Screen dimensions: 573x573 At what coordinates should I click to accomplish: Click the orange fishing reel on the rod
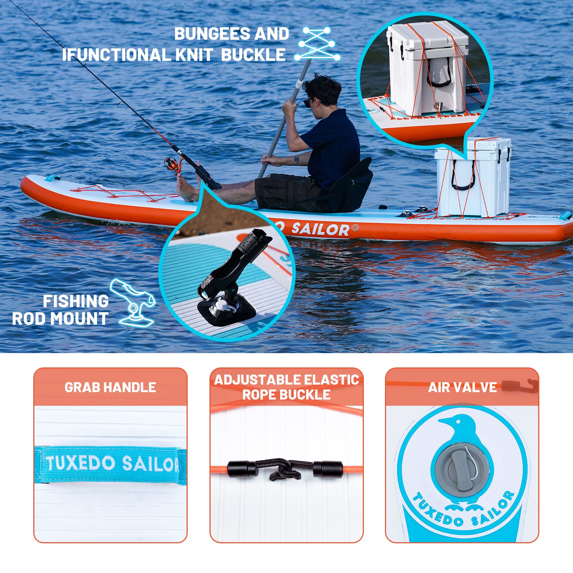click(173, 165)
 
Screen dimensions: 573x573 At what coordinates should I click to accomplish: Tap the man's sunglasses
click(308, 102)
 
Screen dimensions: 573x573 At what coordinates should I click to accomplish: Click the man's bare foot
click(186, 188)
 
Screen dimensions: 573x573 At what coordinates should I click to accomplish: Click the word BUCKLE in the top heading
click(253, 55)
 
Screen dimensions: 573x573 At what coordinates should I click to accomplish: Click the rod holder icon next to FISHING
click(133, 303)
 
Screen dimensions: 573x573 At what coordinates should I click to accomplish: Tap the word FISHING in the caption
click(76, 301)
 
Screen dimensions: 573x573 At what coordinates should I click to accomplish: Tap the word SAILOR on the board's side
click(320, 229)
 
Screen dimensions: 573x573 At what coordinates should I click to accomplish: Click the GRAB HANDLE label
click(110, 387)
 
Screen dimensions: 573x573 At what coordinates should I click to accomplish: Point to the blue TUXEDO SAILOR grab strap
click(111, 464)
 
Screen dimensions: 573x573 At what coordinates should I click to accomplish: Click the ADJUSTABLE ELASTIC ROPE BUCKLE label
click(286, 387)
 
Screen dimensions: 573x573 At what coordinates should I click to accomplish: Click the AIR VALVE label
click(462, 387)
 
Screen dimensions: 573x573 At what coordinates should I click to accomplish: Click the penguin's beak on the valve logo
click(443, 421)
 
